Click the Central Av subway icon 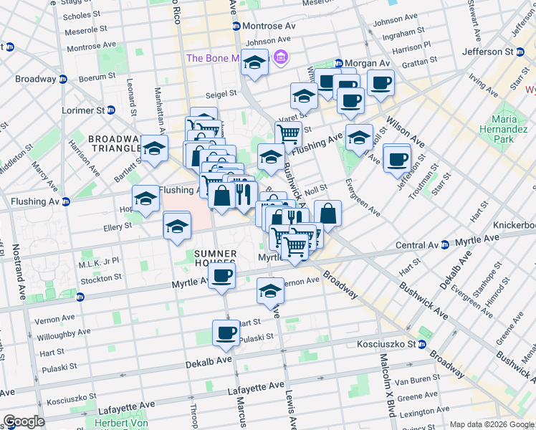pos(444,245)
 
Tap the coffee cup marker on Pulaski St pos(226,333)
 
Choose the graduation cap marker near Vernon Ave pos(270,291)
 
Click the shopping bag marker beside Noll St pos(327,213)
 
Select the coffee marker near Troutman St pos(396,158)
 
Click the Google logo pos(24,421)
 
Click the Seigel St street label pos(221,93)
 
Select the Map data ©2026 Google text pos(491,424)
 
